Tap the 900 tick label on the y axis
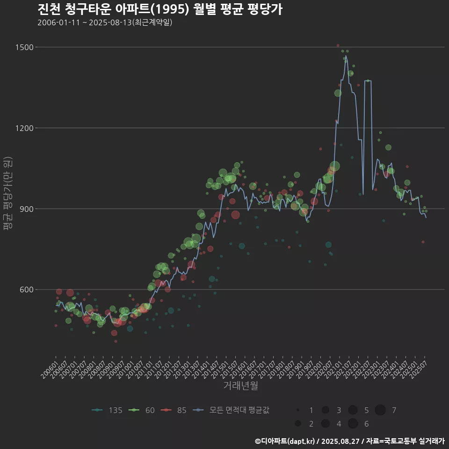click(26, 209)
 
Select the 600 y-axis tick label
click(26, 290)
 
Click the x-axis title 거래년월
click(240, 385)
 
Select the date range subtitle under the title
click(105, 22)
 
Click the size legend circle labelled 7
click(380, 410)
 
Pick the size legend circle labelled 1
click(298, 410)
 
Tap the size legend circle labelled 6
click(353, 424)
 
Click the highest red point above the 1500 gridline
click(338, 45)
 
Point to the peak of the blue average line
click(346, 56)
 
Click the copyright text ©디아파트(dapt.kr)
click(284, 441)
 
